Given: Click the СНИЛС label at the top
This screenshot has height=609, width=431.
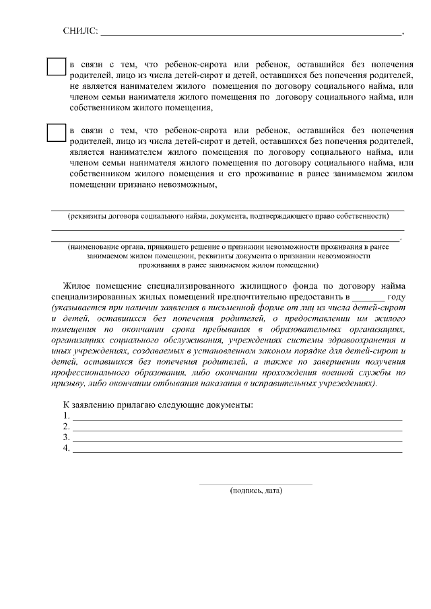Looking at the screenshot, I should click(80, 31).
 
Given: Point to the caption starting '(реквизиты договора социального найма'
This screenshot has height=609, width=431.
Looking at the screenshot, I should click(228, 216).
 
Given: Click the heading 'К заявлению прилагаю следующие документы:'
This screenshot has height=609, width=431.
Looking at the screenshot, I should click(158, 405).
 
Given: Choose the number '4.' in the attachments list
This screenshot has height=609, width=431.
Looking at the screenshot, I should click(66, 447).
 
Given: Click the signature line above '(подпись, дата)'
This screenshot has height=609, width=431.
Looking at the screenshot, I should click(255, 483).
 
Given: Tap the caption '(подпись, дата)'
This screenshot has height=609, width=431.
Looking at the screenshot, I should click(255, 491).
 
